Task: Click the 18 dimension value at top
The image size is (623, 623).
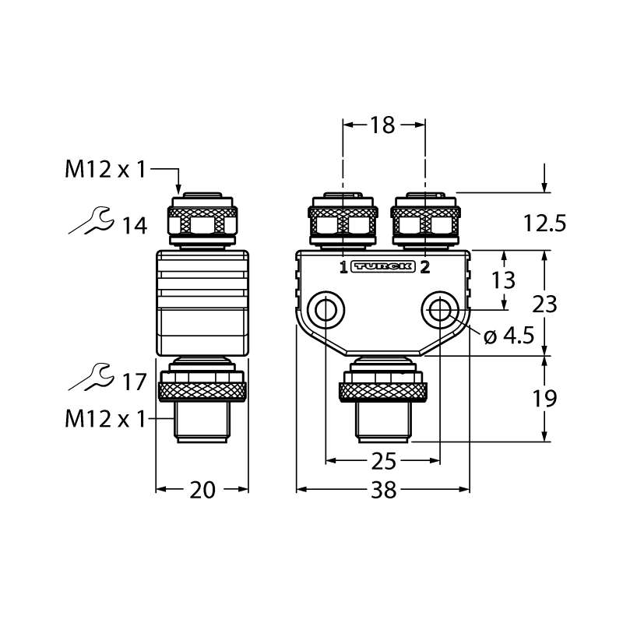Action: [382, 125]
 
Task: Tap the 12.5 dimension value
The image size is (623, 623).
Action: [544, 223]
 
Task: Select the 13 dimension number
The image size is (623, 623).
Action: [503, 280]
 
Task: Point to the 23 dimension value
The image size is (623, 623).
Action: [544, 304]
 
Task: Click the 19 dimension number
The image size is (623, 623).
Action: [544, 398]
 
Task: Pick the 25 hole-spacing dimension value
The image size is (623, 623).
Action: [383, 461]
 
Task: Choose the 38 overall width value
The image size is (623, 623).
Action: [383, 490]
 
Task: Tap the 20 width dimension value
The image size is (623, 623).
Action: [202, 490]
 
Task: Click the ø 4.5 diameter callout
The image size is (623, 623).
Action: [509, 336]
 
